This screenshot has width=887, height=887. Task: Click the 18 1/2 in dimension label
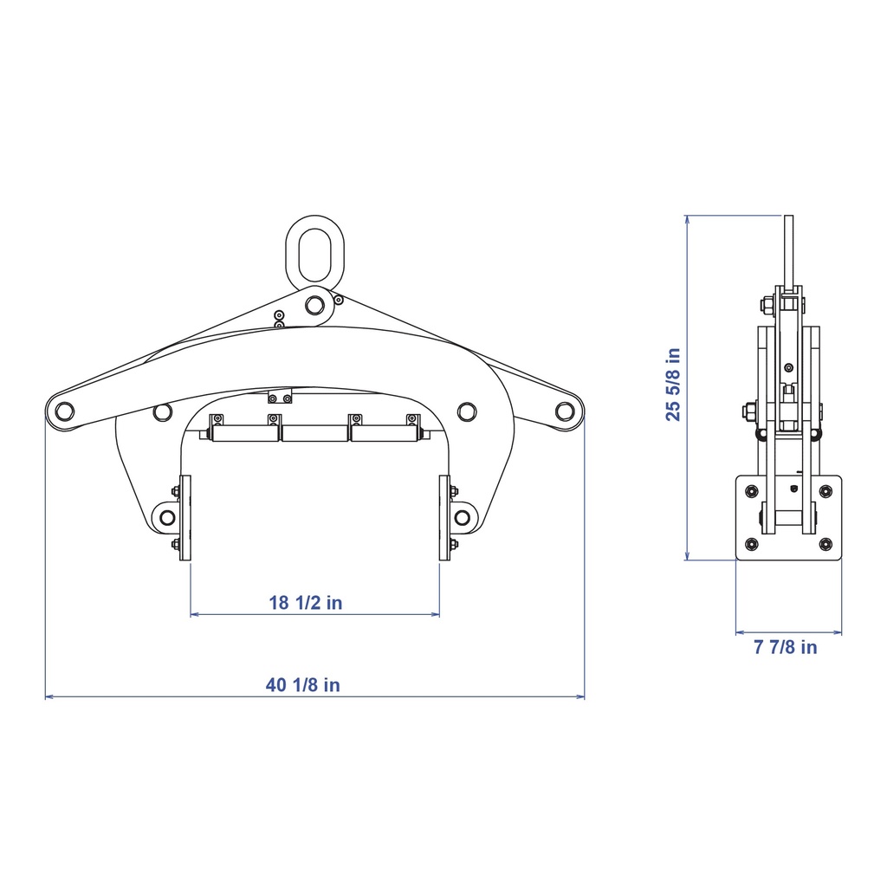click(x=306, y=603)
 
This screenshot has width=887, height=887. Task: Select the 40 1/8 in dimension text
click(x=302, y=685)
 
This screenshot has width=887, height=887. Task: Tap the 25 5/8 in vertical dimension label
click(x=673, y=385)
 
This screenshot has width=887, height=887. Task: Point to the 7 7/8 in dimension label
click(x=785, y=647)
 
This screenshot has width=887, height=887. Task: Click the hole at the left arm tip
click(x=64, y=411)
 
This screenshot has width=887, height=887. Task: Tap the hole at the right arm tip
click(x=565, y=411)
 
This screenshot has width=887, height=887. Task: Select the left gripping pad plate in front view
click(x=185, y=518)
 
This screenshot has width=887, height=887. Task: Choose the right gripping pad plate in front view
click(x=444, y=518)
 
